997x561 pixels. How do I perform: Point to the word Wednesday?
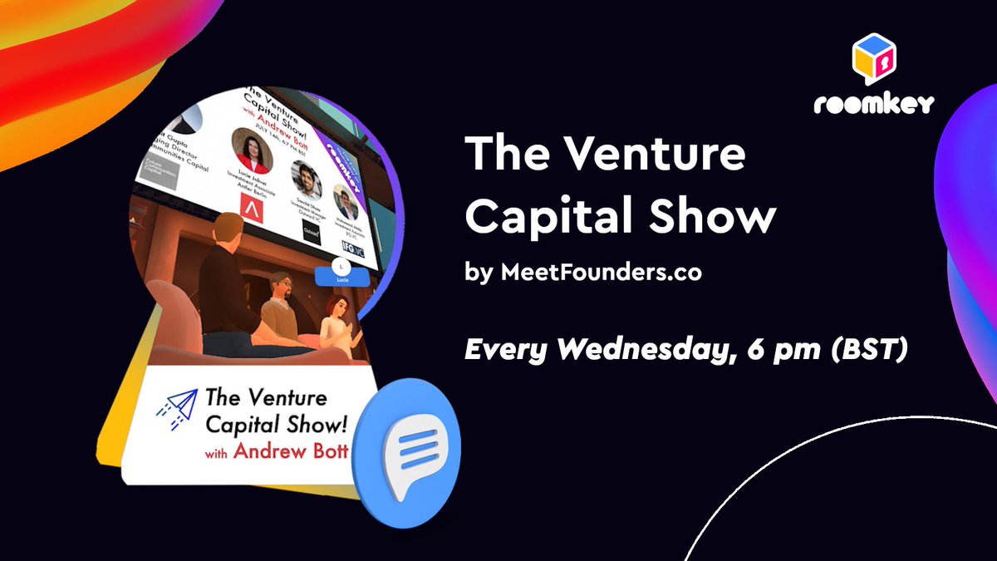tap(632, 351)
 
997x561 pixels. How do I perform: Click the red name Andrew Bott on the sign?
tap(289, 452)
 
